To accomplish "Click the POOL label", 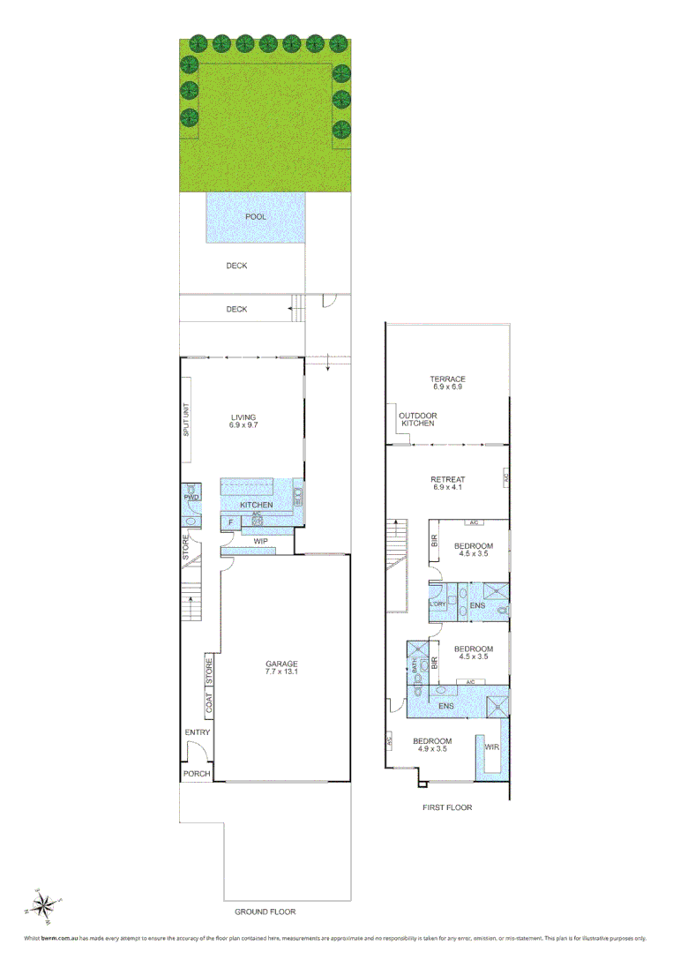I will pos(256,216).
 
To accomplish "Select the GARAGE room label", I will pos(282,664).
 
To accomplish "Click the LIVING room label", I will pos(243,417).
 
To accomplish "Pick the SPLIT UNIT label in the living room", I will pos(186,420).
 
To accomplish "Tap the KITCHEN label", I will pos(256,505).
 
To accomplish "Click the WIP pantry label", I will pos(260,541).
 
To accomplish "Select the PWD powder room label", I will pos(191,498).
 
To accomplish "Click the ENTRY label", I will pos(197,732).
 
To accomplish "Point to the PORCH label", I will pos(196,774).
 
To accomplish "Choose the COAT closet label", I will pos(210,702).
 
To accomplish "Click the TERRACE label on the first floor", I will pos(448,379).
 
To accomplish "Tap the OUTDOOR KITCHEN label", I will pos(417,419).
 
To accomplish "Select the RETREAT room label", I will pos(448,479).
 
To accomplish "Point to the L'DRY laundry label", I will pos(437,604).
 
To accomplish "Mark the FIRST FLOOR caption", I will pos(448,807).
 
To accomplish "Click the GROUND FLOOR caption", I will pos(265,912).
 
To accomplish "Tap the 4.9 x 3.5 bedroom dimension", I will pos(433,749).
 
